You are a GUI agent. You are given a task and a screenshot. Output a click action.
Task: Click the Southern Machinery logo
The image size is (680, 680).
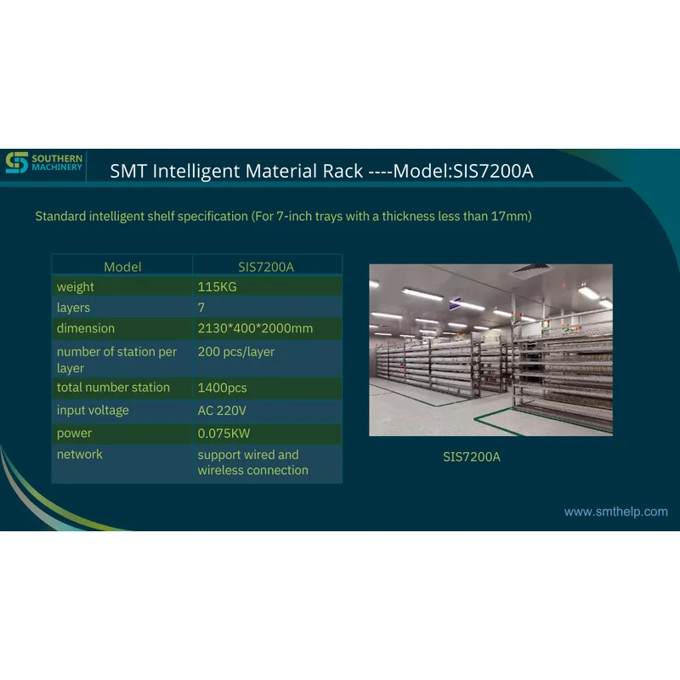(x=44, y=163)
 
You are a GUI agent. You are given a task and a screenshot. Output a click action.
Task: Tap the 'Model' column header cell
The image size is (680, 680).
(x=122, y=267)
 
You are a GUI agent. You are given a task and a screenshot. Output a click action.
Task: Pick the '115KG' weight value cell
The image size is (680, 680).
(x=217, y=287)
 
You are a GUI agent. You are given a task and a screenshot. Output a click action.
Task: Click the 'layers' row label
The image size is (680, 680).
(x=73, y=308)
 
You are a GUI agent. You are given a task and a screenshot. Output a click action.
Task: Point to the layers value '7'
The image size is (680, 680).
(x=201, y=308)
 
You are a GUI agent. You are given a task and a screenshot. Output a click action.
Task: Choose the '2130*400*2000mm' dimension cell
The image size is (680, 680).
(x=255, y=328)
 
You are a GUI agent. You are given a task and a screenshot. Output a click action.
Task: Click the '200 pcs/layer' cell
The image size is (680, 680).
(x=236, y=352)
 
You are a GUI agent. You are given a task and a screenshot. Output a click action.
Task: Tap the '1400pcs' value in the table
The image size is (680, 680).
(x=223, y=388)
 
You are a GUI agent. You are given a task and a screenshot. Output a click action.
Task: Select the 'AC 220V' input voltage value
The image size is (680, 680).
(x=223, y=411)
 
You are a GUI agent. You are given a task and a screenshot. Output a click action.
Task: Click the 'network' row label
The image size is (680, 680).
(x=80, y=455)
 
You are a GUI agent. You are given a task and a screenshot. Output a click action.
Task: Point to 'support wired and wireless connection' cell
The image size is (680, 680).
(x=252, y=462)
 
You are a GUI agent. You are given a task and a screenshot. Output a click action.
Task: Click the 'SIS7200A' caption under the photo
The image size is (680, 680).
(x=472, y=457)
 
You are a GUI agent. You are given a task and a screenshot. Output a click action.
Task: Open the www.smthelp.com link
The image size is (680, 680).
(x=616, y=512)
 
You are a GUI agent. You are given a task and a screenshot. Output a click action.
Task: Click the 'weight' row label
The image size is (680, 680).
(x=76, y=287)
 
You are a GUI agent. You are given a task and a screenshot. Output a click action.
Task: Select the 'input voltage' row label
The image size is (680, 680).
(x=93, y=411)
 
